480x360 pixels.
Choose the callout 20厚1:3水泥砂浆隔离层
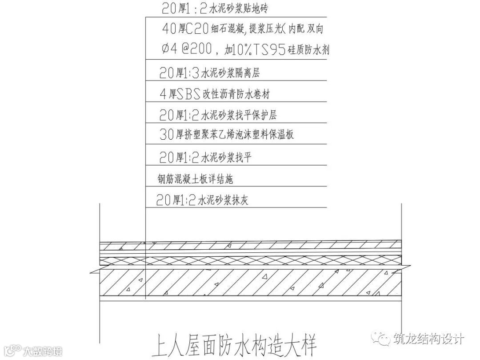click(209, 73)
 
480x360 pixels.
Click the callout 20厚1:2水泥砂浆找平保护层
click(218, 115)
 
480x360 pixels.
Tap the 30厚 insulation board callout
click(227, 134)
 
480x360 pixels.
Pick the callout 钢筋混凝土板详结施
click(196, 179)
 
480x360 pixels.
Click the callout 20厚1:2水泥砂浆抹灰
click(202, 200)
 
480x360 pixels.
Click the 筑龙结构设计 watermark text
click(429, 339)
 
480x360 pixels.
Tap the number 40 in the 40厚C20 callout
click(169, 29)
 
